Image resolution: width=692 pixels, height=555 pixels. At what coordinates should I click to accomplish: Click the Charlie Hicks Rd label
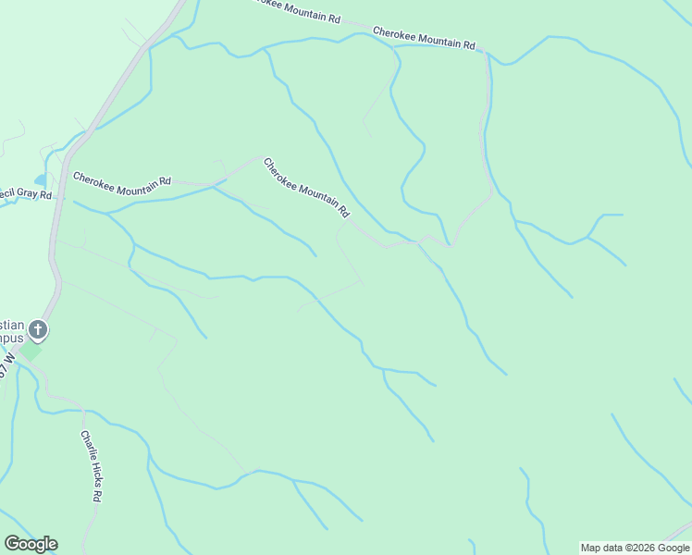point(90,466)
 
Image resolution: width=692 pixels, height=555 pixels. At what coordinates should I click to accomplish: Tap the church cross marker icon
point(37,328)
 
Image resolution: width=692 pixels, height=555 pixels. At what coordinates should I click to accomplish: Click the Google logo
point(31,544)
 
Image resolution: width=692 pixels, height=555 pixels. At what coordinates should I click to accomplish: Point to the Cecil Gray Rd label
point(25,194)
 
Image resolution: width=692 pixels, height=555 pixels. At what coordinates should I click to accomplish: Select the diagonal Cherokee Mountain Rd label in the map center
point(306,188)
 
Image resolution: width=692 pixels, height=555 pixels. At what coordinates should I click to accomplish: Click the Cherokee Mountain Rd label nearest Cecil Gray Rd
point(122,180)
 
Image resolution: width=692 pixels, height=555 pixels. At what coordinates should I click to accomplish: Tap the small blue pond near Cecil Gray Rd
point(40,179)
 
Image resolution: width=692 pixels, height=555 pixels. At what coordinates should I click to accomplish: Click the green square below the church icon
point(31,351)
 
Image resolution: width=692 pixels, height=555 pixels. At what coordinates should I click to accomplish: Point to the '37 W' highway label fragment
point(7,363)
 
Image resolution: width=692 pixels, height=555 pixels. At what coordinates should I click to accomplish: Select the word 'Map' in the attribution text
point(591,548)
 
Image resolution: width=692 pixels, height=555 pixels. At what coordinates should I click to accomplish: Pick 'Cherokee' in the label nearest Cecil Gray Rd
point(95,178)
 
